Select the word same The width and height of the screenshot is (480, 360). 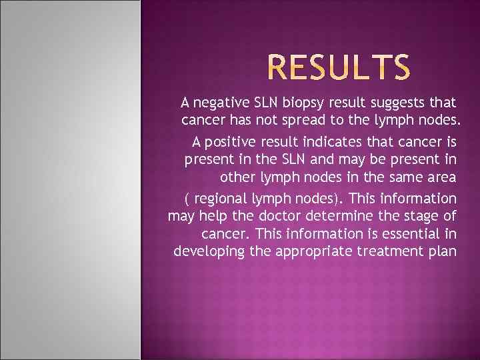point(407,179)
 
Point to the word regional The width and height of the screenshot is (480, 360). point(218,199)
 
